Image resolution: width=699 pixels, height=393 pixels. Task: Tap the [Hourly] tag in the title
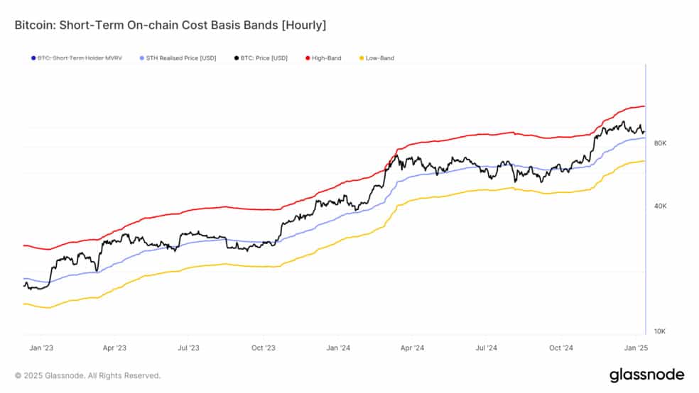point(303,26)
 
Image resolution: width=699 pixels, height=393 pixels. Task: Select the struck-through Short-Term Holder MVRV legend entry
point(76,58)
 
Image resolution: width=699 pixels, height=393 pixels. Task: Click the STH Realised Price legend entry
point(178,58)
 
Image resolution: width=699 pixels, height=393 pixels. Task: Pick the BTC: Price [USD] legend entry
point(261,58)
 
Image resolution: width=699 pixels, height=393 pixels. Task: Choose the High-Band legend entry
point(323,58)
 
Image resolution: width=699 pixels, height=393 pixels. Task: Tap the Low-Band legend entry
point(376,58)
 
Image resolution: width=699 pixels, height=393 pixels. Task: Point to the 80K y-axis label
point(660,143)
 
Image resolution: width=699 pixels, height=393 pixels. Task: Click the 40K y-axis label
point(660,206)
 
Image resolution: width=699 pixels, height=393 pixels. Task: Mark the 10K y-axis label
point(660,331)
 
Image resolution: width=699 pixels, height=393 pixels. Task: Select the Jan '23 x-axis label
point(41,348)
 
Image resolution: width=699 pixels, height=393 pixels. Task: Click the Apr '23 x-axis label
point(114,348)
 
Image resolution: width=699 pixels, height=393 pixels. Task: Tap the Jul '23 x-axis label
point(188,348)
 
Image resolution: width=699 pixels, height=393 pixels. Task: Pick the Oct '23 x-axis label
point(264,348)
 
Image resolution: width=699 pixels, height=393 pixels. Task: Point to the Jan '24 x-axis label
point(338,348)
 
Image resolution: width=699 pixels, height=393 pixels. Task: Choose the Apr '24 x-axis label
point(412,348)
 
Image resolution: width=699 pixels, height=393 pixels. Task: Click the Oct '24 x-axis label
point(561,348)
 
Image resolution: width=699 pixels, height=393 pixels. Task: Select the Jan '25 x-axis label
point(636,348)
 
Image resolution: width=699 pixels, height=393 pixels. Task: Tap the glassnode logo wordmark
point(647,375)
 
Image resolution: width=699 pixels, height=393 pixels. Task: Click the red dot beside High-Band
point(308,58)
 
